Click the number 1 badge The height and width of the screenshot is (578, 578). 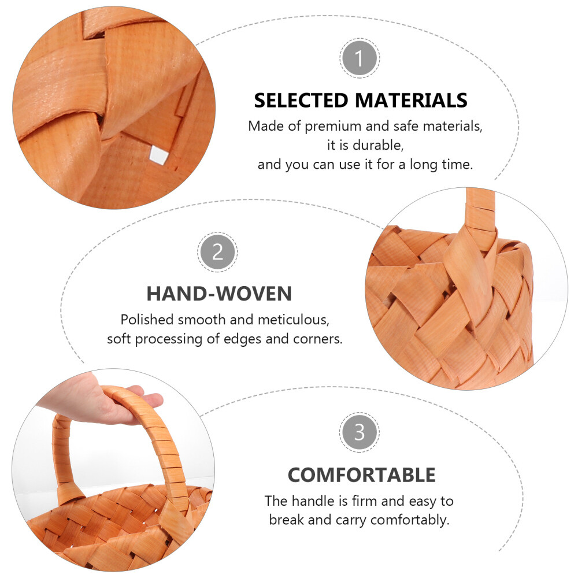(x=360, y=58)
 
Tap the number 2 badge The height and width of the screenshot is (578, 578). (x=217, y=252)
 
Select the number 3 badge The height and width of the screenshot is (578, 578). (x=360, y=432)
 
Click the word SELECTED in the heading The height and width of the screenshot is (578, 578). (x=301, y=100)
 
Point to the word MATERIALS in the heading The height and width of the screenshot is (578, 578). (x=411, y=100)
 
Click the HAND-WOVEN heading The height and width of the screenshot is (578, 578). (x=219, y=294)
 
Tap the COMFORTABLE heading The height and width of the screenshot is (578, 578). (x=362, y=475)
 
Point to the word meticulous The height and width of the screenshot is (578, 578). (x=294, y=320)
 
